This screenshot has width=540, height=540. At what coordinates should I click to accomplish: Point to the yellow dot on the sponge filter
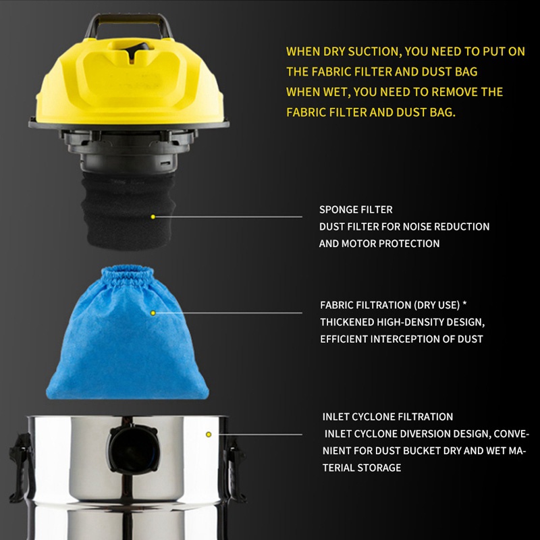[153, 217]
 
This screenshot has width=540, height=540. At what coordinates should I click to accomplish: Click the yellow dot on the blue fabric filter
[153, 313]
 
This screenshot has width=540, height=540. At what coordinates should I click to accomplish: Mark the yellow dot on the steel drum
[209, 434]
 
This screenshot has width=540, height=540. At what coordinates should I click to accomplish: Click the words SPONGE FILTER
[356, 210]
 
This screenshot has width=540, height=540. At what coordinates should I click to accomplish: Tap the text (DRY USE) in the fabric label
[433, 304]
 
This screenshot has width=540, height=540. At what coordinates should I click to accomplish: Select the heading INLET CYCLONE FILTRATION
[387, 417]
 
